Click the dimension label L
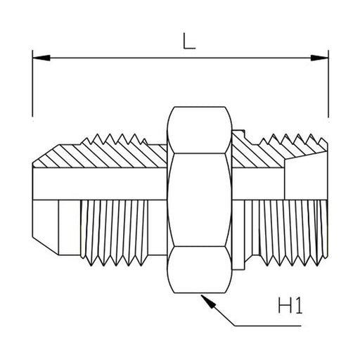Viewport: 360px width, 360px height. (189, 41)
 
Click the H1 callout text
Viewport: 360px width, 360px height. (290, 305)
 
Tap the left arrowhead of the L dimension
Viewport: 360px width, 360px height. (41, 58)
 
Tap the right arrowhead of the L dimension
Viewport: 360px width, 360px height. (319, 58)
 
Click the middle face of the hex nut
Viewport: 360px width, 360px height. (200, 200)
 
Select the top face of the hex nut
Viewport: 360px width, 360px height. (200, 130)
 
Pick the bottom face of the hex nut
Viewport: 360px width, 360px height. (200, 269)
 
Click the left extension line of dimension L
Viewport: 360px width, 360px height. (32, 83)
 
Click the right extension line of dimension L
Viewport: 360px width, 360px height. (328, 84)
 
